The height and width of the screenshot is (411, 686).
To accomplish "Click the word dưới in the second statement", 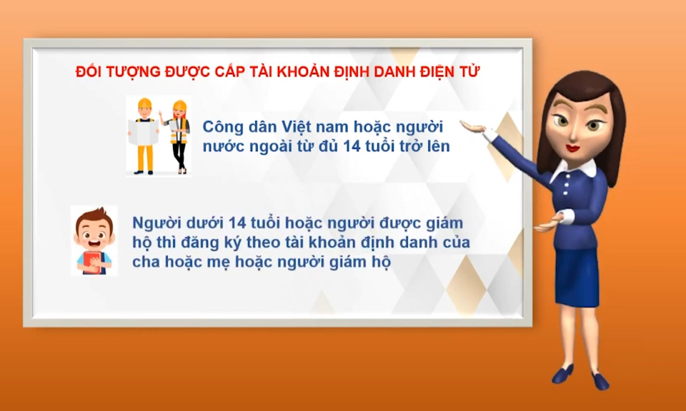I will [204, 223].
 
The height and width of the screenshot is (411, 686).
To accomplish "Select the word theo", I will [279, 242].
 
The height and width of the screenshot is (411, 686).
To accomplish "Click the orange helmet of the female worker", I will [179, 106].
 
